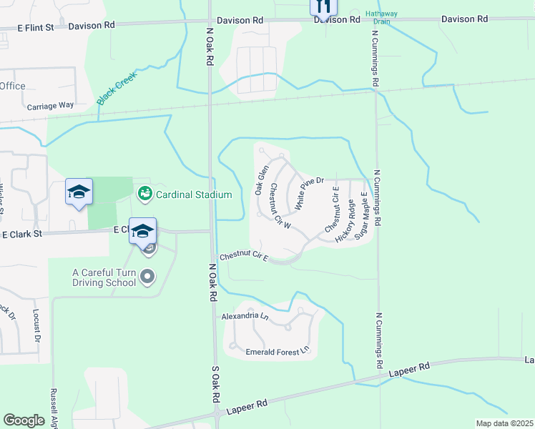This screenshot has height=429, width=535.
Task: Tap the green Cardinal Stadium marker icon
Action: [144, 194]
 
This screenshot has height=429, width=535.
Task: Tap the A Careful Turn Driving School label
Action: [104, 277]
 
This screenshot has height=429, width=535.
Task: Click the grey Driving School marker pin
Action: [148, 275]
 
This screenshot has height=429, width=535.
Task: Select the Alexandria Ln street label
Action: [245, 315]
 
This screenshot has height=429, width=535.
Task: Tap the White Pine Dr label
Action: [310, 194]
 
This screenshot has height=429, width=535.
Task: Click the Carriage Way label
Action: [50, 105]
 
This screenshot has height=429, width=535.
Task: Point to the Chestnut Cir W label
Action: [280, 206]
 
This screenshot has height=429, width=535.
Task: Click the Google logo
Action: [24, 420]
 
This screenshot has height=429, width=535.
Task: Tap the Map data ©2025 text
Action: [504, 423]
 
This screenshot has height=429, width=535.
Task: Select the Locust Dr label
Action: [36, 325]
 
